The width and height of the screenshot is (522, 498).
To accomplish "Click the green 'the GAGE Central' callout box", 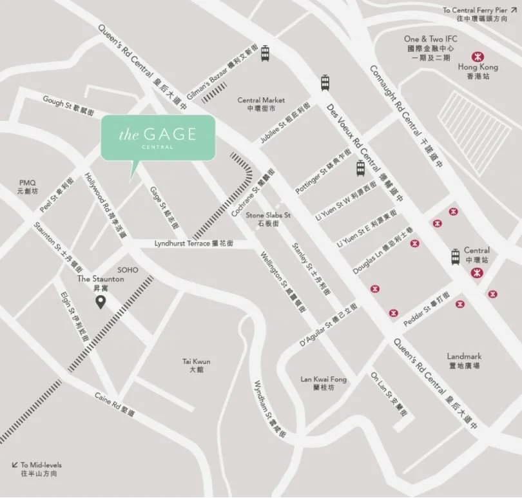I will [x=158, y=137].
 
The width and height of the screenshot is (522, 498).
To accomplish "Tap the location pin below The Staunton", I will [x=100, y=302].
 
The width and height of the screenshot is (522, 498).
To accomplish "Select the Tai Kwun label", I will [x=197, y=366].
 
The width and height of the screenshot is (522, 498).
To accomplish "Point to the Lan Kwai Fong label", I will [x=324, y=383].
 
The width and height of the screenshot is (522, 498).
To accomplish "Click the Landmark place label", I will [x=464, y=360].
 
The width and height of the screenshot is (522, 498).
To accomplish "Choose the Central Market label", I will [x=261, y=104].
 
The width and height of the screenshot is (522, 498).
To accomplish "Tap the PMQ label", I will [x=28, y=187].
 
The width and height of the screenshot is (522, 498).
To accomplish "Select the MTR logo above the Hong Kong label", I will [x=478, y=56].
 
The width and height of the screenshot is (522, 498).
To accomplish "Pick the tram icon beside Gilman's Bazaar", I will [x=264, y=54].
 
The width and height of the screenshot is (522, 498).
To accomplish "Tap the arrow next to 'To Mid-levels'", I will [x=14, y=464].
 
